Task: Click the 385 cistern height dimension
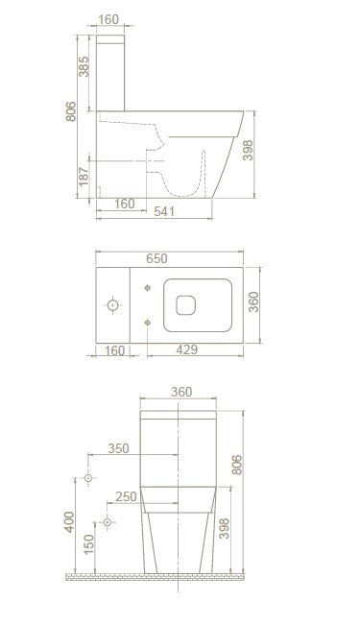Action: (84, 66)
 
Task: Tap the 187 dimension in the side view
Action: (84, 177)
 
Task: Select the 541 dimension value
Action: (164, 211)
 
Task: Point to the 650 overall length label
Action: (156, 258)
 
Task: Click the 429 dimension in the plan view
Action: (186, 349)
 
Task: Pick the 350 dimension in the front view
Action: (118, 448)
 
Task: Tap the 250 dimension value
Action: (126, 496)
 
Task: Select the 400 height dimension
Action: (69, 521)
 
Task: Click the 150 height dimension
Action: (88, 543)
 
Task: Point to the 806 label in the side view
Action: (71, 111)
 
